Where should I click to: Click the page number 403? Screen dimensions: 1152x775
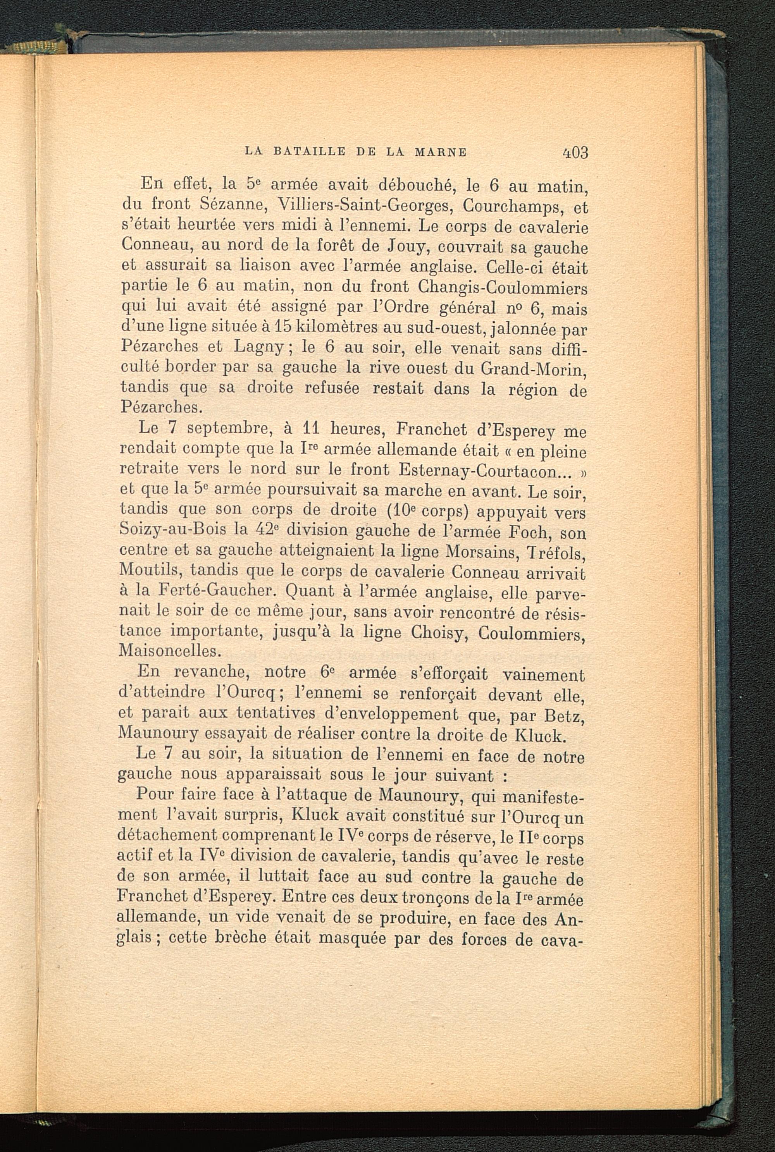click(575, 152)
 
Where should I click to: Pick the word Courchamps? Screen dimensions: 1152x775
click(514, 206)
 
